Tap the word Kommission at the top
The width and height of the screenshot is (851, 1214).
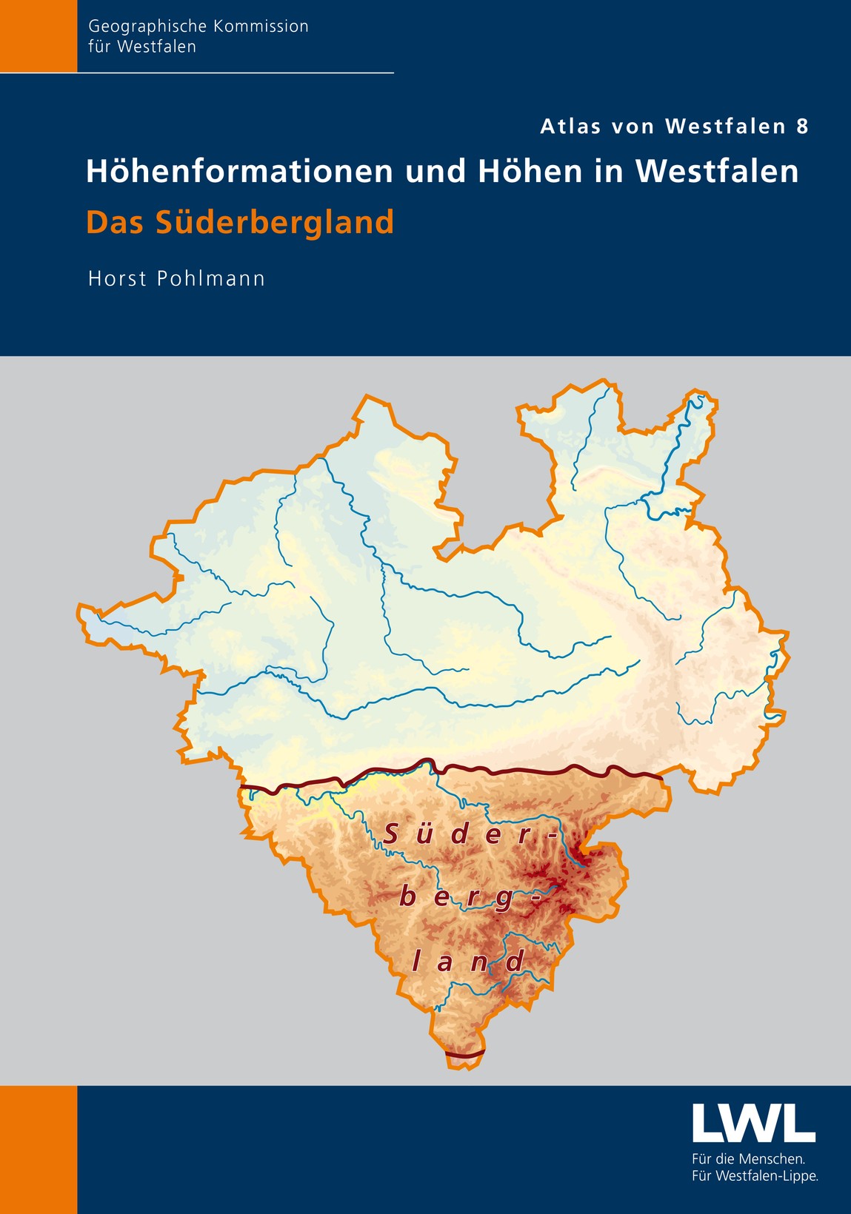261,27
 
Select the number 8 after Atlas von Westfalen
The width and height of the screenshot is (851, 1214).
802,127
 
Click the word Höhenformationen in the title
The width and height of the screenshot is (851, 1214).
241,172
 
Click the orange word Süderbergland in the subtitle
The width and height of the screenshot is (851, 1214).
274,223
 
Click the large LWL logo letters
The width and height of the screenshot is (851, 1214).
753,1123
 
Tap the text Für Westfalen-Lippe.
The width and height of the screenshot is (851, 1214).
755,1176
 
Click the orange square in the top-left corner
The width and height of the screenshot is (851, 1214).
39,36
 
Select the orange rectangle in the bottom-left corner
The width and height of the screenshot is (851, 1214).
39,1150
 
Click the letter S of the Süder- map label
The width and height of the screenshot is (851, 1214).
392,835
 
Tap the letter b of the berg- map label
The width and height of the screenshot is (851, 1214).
407,898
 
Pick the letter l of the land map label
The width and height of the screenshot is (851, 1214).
416,962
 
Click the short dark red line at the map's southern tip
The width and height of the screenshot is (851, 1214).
465,1053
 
